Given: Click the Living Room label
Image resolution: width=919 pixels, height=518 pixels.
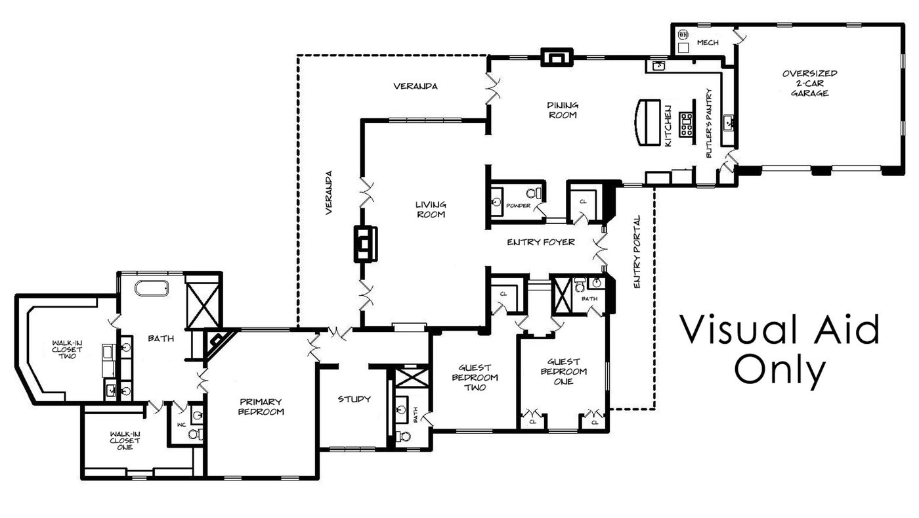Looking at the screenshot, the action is point(431,210).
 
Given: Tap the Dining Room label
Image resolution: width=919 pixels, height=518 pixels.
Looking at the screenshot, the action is point(563,110).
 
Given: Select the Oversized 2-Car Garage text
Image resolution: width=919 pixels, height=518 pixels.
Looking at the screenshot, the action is point(809,83).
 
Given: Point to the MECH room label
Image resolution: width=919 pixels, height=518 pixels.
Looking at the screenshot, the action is point(708,42).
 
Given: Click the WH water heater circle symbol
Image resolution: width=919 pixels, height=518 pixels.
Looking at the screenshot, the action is point(683,34).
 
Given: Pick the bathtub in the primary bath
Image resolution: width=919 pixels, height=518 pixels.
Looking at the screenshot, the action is point(152,288).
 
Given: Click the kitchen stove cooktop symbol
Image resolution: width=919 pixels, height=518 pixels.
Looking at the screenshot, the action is point(686,124).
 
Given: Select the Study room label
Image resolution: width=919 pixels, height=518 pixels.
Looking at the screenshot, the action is point(354,399).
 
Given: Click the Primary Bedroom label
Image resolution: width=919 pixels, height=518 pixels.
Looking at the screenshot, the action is point(261,407).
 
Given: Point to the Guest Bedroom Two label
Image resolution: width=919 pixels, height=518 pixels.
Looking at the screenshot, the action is point(475,377).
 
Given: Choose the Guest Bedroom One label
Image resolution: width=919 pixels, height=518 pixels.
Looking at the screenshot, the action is point(564,372).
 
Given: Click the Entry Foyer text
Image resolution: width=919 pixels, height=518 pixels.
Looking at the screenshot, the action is point(541,243).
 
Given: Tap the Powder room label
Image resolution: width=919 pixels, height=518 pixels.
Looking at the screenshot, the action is point(518,205).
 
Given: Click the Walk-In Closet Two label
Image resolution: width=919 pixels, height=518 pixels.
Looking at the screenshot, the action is point(67,350).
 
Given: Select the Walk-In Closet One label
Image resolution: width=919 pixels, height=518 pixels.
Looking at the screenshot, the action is point(125,440).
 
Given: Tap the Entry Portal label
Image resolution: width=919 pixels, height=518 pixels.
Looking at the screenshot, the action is point(637,251).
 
